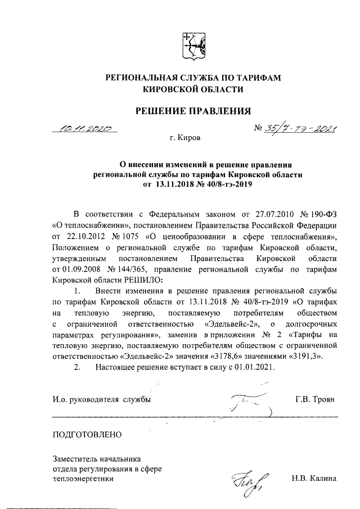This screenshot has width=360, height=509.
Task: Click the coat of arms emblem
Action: [x=193, y=46]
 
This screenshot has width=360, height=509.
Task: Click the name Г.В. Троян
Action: [x=315, y=399]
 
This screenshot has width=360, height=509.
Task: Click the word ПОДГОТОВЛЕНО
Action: [x=86, y=434]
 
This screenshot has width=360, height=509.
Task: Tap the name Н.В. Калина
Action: [x=313, y=479]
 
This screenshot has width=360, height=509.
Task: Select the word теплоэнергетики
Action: [x=82, y=479]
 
